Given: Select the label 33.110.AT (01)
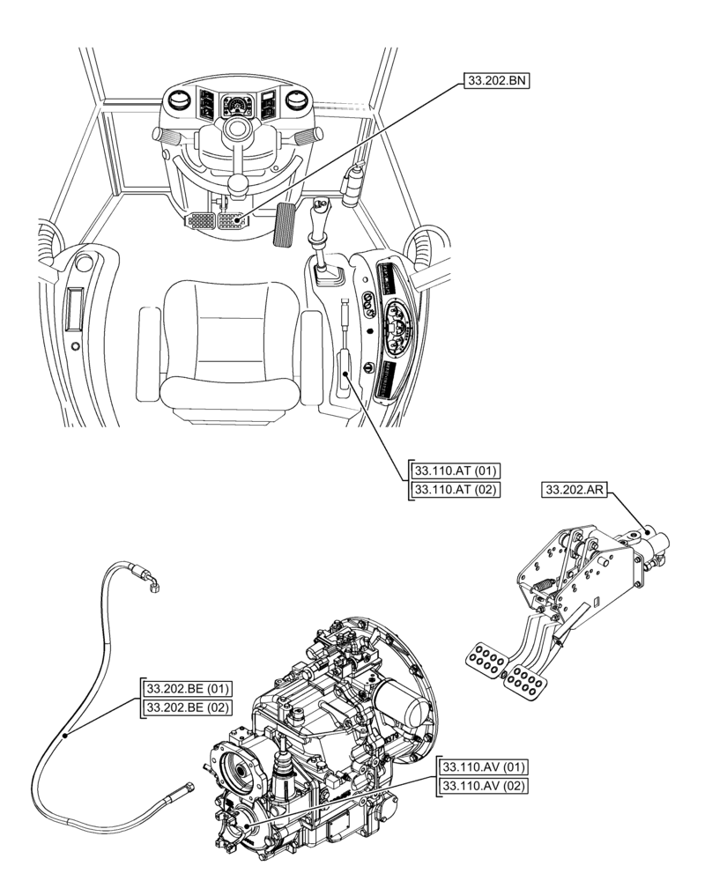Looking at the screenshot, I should click(x=456, y=470).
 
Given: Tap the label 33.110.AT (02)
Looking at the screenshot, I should click(x=456, y=489).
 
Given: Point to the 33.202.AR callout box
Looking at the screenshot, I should click(x=574, y=491).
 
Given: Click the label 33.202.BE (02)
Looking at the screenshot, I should click(x=188, y=707).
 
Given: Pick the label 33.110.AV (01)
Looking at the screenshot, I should click(x=484, y=766).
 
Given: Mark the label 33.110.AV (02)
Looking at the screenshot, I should click(x=484, y=785).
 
